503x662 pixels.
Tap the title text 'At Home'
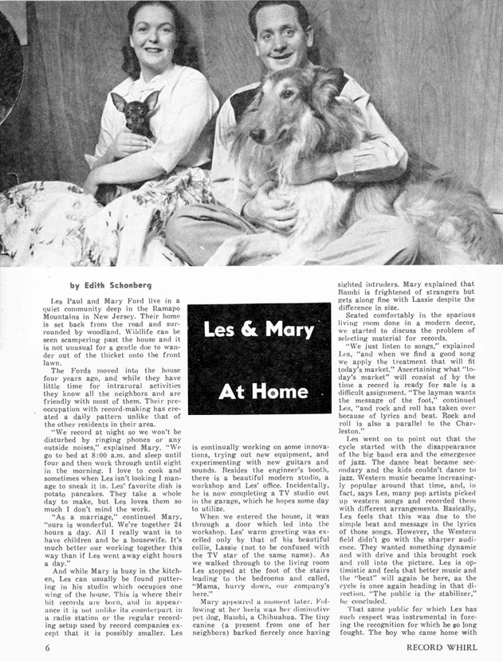pyautogui.click(x=262, y=392)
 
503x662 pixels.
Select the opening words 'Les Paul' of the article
pyautogui.click(x=66, y=301)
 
